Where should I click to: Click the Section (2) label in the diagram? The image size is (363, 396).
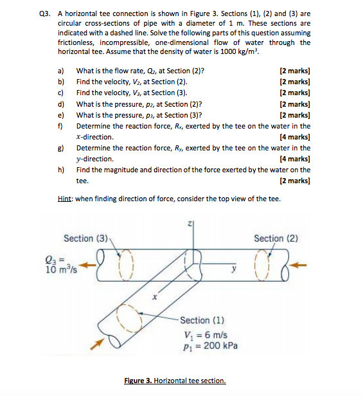pos(276,239)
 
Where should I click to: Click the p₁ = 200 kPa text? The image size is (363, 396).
pos(209,346)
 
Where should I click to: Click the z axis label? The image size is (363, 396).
pos(190,224)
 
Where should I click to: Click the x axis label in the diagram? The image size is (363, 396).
pos(154,298)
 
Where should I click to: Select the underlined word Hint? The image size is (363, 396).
pos(66,199)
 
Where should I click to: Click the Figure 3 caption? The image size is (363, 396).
pos(175,381)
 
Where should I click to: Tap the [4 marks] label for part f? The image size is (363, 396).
pos(295,137)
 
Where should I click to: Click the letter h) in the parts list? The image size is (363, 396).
pos(61,170)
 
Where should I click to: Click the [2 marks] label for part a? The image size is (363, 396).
pos(295,71)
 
